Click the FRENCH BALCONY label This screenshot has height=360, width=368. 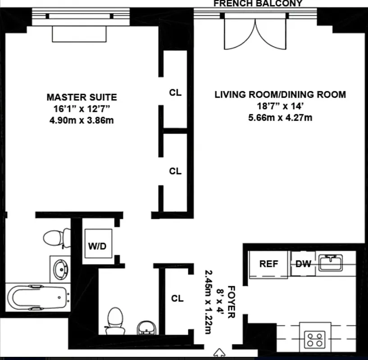point(258,4)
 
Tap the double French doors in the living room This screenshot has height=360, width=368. point(255,34)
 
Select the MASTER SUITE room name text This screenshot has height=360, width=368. point(82,97)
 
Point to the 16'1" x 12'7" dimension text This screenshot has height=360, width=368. point(82,108)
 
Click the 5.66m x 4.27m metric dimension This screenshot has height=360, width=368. point(280,118)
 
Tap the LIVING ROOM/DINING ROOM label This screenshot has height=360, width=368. point(280,94)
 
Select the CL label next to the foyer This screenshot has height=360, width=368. point(177,298)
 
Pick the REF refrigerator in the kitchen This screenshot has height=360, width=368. point(268,264)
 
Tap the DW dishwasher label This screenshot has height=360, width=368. point(303,264)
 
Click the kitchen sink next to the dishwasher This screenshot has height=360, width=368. point(331,263)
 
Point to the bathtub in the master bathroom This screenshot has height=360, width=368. point(38,297)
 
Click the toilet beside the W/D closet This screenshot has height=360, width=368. point(56,238)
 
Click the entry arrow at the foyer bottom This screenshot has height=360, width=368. point(220,351)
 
